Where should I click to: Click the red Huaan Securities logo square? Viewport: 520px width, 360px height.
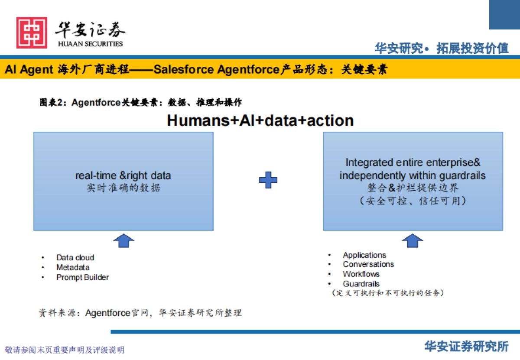32,32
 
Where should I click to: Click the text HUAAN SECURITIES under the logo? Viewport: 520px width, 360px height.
90,44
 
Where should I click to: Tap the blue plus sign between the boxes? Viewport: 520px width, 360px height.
268,180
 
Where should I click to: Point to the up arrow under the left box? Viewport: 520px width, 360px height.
123,240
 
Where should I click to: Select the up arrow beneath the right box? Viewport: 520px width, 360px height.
413,240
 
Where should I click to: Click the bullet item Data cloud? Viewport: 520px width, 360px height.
75,257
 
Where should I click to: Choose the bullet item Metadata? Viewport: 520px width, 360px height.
73,267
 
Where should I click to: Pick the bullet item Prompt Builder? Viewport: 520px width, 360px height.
82,277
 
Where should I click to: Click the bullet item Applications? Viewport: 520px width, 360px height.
364,255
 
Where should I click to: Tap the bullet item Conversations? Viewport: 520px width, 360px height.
368,264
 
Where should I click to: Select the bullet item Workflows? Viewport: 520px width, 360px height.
361,274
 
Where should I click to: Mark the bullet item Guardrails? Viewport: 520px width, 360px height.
361,284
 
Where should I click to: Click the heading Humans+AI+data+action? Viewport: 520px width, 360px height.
260,120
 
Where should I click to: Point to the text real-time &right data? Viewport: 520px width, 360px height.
123,175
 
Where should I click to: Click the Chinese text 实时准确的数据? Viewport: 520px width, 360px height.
123,188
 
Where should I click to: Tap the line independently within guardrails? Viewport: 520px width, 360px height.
413,175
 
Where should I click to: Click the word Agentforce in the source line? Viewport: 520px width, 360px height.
107,313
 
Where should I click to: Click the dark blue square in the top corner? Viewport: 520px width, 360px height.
504,14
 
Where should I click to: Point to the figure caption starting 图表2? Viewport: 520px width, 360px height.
141,103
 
